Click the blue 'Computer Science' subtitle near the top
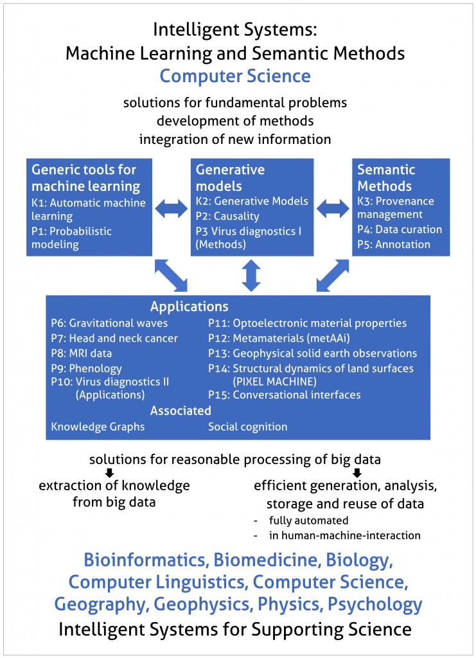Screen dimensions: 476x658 click(235, 76)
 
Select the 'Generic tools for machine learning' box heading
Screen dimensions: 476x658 click(86, 178)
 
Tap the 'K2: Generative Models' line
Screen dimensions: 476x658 click(252, 201)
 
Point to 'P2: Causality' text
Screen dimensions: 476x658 click(227, 216)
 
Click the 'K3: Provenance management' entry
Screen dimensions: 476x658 click(396, 208)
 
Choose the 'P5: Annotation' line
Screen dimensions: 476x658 click(394, 244)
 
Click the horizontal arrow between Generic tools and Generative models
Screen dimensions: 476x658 click(172, 209)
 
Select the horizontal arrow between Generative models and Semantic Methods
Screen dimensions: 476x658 click(333, 209)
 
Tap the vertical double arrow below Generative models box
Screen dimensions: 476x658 click(251, 275)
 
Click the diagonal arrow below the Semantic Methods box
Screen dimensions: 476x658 click(333, 275)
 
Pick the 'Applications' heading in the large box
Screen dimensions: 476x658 click(190, 307)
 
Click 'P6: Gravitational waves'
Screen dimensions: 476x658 click(109, 323)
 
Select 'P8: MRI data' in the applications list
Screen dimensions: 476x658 click(82, 353)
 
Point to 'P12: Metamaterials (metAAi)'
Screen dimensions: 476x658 click(279, 338)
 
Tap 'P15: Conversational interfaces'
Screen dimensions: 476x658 click(285, 395)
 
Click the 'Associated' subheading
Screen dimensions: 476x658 click(181, 411)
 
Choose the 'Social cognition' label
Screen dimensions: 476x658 click(248, 427)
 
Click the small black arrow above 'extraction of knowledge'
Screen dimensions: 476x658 click(109, 473)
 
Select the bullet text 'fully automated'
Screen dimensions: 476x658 click(309, 520)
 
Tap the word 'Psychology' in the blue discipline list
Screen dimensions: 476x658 click(375, 605)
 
